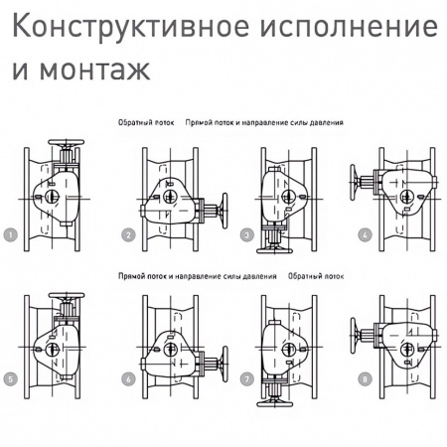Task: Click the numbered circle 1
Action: point(10,235)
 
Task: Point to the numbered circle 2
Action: point(128,235)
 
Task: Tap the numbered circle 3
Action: point(246,235)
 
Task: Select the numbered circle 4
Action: point(366,235)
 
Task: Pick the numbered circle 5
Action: point(10,378)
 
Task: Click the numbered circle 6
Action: point(128,378)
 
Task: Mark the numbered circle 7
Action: point(246,378)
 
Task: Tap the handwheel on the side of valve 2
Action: point(223,211)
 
